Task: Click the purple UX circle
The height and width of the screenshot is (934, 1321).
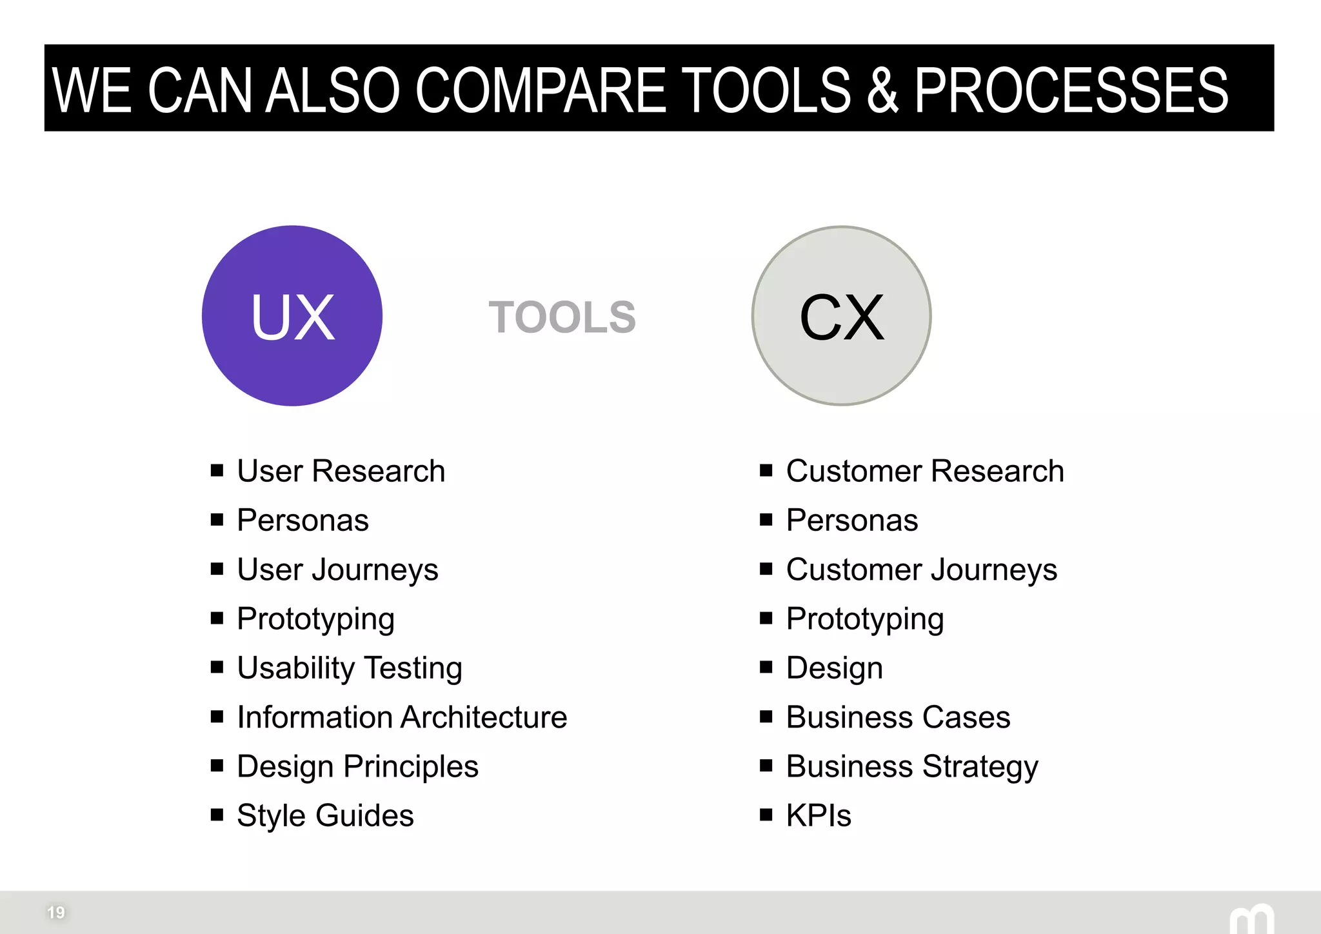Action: pyautogui.click(x=292, y=315)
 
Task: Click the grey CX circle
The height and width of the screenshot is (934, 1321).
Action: pyautogui.click(x=841, y=315)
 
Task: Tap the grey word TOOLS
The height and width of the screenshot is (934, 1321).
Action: pyautogui.click(x=562, y=317)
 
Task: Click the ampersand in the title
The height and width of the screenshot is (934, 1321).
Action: pyautogui.click(x=882, y=90)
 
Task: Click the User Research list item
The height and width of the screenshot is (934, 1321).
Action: pyautogui.click(x=341, y=471)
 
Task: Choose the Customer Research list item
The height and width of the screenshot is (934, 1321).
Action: pyautogui.click(x=924, y=471)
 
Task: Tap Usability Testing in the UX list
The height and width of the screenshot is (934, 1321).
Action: pyautogui.click(x=350, y=668)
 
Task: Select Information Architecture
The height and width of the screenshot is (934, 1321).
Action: pyautogui.click(x=402, y=717)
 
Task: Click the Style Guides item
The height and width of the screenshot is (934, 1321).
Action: pyautogui.click(x=325, y=816)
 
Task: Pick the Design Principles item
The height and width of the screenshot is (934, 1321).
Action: pyautogui.click(x=357, y=767)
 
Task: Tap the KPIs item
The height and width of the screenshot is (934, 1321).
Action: pyautogui.click(x=819, y=816)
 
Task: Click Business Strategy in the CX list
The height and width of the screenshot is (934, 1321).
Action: pyautogui.click(x=912, y=767)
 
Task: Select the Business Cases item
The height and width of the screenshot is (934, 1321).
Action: pyautogui.click(x=898, y=717)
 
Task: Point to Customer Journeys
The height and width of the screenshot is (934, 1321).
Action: pyautogui.click(x=921, y=570)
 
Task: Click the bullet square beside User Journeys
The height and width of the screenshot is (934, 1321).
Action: pyautogui.click(x=217, y=569)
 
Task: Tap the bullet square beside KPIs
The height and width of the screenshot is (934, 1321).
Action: pyautogui.click(x=766, y=815)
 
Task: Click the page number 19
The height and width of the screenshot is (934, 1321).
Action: pyautogui.click(x=56, y=912)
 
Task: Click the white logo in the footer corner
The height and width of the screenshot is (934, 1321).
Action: pyautogui.click(x=1251, y=920)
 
